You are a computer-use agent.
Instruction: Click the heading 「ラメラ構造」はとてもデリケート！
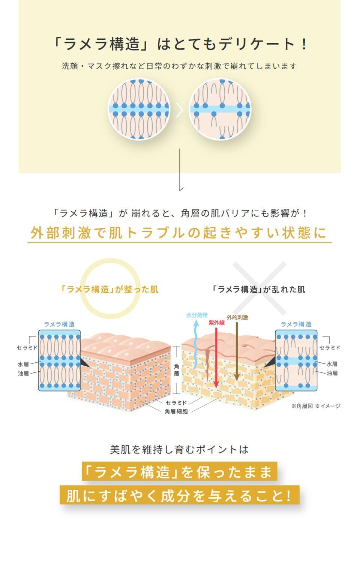coord(180,45)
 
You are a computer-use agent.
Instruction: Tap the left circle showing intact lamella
coord(139,109)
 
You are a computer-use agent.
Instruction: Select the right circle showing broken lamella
coord(219,109)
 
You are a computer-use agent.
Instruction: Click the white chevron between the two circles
coord(180,110)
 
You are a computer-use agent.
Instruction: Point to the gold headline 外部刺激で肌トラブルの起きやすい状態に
coord(179,233)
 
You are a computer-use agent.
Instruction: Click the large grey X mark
coord(259,288)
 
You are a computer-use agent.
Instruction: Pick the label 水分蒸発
coord(197,315)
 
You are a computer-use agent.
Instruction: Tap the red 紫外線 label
coord(216,323)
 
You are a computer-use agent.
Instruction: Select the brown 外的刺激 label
coord(237,317)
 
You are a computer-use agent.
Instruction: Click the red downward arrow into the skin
coord(216,356)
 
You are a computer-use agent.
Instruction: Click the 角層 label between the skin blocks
coord(176,370)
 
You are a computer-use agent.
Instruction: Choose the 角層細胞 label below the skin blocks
coord(176,411)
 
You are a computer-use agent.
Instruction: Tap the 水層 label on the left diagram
coord(23,364)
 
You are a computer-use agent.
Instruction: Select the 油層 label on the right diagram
coord(332,373)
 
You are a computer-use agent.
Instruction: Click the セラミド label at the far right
coord(330,348)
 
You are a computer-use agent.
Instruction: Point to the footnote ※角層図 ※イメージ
coord(316,406)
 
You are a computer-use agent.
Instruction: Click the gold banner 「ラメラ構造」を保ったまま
coord(179,472)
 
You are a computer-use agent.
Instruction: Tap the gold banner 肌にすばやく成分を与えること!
coord(179,496)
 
